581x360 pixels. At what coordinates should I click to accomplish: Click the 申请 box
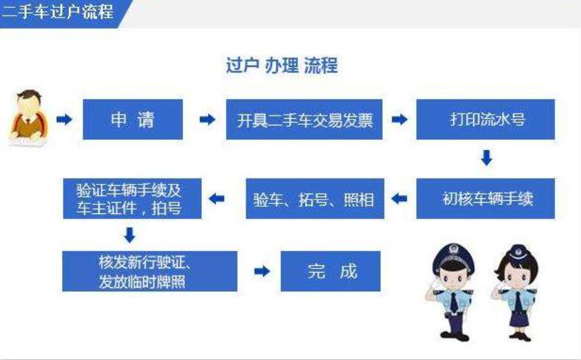coord(133,119)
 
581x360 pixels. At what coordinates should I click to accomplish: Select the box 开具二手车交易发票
coord(304,119)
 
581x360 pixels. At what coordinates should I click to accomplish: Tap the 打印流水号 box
coord(485,119)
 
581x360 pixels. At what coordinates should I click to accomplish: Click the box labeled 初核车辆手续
coord(485,199)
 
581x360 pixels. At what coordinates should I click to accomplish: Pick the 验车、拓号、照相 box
coord(315,199)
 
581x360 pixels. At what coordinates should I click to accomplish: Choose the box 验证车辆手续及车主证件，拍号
coord(132,199)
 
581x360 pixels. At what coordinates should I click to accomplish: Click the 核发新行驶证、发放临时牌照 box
coord(149,271)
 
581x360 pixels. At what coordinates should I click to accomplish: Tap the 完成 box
coord(330,271)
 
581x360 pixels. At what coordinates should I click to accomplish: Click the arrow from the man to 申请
coord(64,119)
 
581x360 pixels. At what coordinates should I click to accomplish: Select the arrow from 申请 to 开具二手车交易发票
coord(207,119)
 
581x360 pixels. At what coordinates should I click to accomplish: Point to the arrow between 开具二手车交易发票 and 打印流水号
coord(400,119)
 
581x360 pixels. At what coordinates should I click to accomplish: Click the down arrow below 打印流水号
coord(486,158)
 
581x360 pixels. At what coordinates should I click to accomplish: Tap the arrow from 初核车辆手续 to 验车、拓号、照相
coord(399,199)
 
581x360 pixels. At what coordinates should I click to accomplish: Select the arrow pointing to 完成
coord(262,271)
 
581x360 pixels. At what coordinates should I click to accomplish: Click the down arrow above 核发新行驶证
coord(130,235)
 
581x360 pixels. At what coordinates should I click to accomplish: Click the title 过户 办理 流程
coord(282,66)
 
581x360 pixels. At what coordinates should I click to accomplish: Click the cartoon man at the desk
coord(28,118)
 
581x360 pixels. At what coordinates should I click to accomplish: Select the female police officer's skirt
coord(520,319)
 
